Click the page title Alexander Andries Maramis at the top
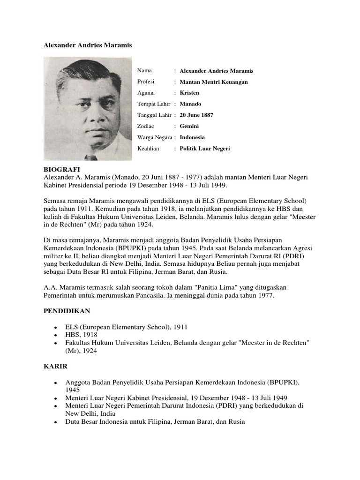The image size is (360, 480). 88,45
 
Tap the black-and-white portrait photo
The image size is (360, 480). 88,109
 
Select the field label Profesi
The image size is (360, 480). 146,82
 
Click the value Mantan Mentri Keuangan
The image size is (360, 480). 214,82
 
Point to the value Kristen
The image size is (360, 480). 189,93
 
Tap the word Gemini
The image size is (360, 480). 189,126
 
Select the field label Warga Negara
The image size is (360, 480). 155,137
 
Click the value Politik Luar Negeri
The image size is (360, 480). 205,149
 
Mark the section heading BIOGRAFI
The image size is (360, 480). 62,169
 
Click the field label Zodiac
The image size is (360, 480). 146,126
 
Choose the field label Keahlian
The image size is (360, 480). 148,149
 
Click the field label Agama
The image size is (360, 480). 146,93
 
